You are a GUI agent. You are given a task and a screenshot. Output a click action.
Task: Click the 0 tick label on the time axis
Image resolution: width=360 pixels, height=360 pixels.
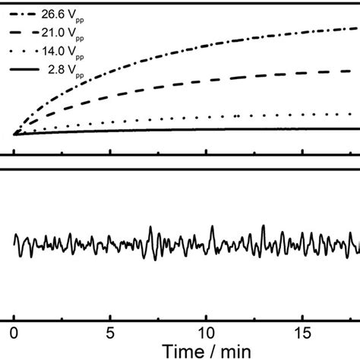(14, 333)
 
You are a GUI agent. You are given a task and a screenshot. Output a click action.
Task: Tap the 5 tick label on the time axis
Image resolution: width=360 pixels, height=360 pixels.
(110, 333)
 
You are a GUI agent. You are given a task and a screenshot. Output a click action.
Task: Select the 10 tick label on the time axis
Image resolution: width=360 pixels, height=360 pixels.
(206, 333)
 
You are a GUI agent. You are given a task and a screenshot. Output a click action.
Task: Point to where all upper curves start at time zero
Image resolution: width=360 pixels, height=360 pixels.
(14, 134)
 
